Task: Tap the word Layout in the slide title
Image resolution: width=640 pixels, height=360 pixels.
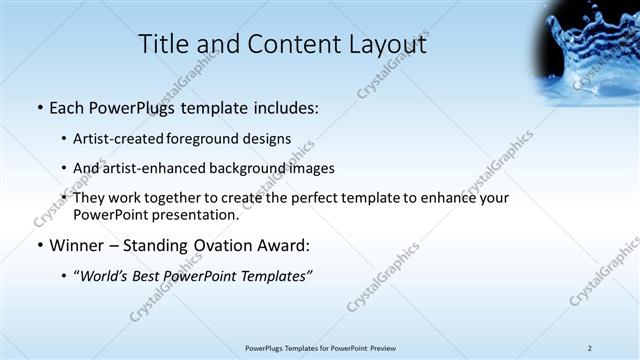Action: tap(386, 44)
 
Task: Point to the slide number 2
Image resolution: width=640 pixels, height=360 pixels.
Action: tap(590, 348)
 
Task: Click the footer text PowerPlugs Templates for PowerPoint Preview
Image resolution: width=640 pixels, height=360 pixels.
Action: tap(320, 348)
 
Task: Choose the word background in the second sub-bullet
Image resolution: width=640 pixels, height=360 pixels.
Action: tap(248, 168)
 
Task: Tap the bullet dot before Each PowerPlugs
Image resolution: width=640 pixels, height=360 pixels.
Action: tap(39, 108)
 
